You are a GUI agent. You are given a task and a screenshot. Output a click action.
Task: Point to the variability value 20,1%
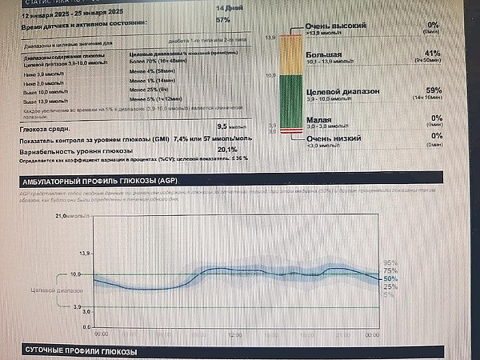[228, 149]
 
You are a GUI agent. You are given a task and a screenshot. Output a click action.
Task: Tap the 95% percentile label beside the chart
[390, 262]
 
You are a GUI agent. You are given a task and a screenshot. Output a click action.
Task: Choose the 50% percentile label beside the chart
[390, 278]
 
